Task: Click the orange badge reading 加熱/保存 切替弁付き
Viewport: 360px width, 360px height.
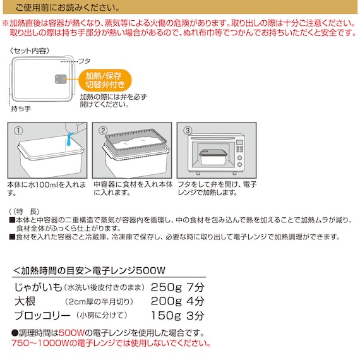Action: pos(105,80)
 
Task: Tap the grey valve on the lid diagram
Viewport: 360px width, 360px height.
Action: pos(61,79)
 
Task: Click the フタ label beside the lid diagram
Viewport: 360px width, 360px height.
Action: pos(84,61)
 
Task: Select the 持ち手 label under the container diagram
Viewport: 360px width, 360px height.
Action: pos(21,109)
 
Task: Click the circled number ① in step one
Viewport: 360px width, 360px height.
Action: pos(18,131)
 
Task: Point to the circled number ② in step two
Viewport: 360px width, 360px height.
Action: pos(103,131)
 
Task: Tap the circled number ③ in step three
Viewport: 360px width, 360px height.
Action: pos(188,131)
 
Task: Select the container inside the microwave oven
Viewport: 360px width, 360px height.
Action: pos(213,157)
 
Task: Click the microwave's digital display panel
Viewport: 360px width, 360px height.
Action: pos(239,142)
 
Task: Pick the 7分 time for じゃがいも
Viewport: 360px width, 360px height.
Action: pos(195,287)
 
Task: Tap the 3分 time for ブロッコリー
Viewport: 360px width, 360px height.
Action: pos(195,315)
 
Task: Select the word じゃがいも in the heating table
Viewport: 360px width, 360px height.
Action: pos(38,287)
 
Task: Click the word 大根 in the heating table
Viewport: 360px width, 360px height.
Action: pos(25,301)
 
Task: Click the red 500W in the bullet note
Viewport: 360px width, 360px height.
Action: pos(72,332)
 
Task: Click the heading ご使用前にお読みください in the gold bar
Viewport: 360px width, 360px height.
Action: pos(68,8)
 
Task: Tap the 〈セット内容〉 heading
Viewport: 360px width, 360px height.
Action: pos(30,51)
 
